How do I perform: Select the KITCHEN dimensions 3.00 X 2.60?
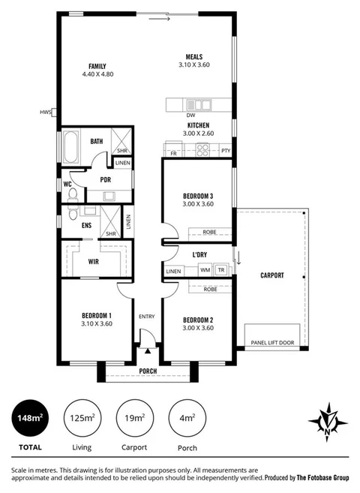tap(198, 134)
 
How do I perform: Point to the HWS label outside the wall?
tap(46, 113)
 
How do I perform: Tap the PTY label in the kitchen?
tap(226, 151)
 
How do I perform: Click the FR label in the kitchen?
tap(173, 153)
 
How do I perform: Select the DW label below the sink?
tap(191, 116)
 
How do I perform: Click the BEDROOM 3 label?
tap(198, 196)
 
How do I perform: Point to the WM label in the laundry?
tap(205, 270)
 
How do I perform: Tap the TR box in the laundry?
tap(221, 270)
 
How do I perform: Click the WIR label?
tap(94, 262)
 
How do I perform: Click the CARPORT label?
tap(272, 276)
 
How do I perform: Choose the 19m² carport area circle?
tap(136, 418)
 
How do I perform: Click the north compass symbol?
tap(328, 422)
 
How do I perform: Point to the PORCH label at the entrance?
tap(148, 371)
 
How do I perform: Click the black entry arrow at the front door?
tap(148, 349)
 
